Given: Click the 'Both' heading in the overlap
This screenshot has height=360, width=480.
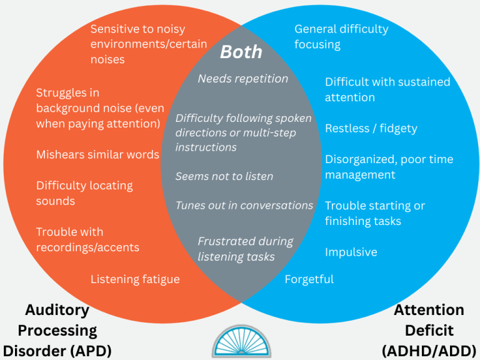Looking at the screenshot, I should (241, 52).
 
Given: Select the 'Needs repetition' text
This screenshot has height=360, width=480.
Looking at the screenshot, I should (242, 79).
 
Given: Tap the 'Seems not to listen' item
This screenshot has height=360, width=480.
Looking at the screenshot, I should (224, 176).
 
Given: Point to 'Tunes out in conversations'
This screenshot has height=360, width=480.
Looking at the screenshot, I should (244, 206).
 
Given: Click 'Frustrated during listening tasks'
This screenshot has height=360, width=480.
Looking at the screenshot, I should (245, 249).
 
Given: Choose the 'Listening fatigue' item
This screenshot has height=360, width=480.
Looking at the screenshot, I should (135, 279).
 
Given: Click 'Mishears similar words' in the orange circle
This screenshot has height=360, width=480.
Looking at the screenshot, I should (97, 154).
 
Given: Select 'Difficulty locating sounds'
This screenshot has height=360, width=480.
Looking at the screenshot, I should (84, 193).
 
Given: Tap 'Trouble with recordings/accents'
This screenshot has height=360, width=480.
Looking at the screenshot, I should (87, 239).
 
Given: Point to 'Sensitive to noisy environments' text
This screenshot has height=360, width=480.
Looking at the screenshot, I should (137, 44).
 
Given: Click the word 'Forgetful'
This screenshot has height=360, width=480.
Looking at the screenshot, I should (309, 279).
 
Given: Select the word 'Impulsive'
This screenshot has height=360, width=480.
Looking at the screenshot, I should (351, 252).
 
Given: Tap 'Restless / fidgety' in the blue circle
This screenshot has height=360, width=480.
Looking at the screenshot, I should (371, 129).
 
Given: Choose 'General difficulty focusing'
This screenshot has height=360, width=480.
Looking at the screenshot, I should (341, 37).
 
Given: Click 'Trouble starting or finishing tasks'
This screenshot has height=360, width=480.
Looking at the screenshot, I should (375, 213).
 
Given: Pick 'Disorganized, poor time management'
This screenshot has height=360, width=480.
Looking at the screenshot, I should (389, 167).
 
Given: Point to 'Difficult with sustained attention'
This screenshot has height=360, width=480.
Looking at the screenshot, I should (387, 90).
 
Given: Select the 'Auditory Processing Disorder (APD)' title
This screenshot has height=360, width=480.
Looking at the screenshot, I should (57, 330).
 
